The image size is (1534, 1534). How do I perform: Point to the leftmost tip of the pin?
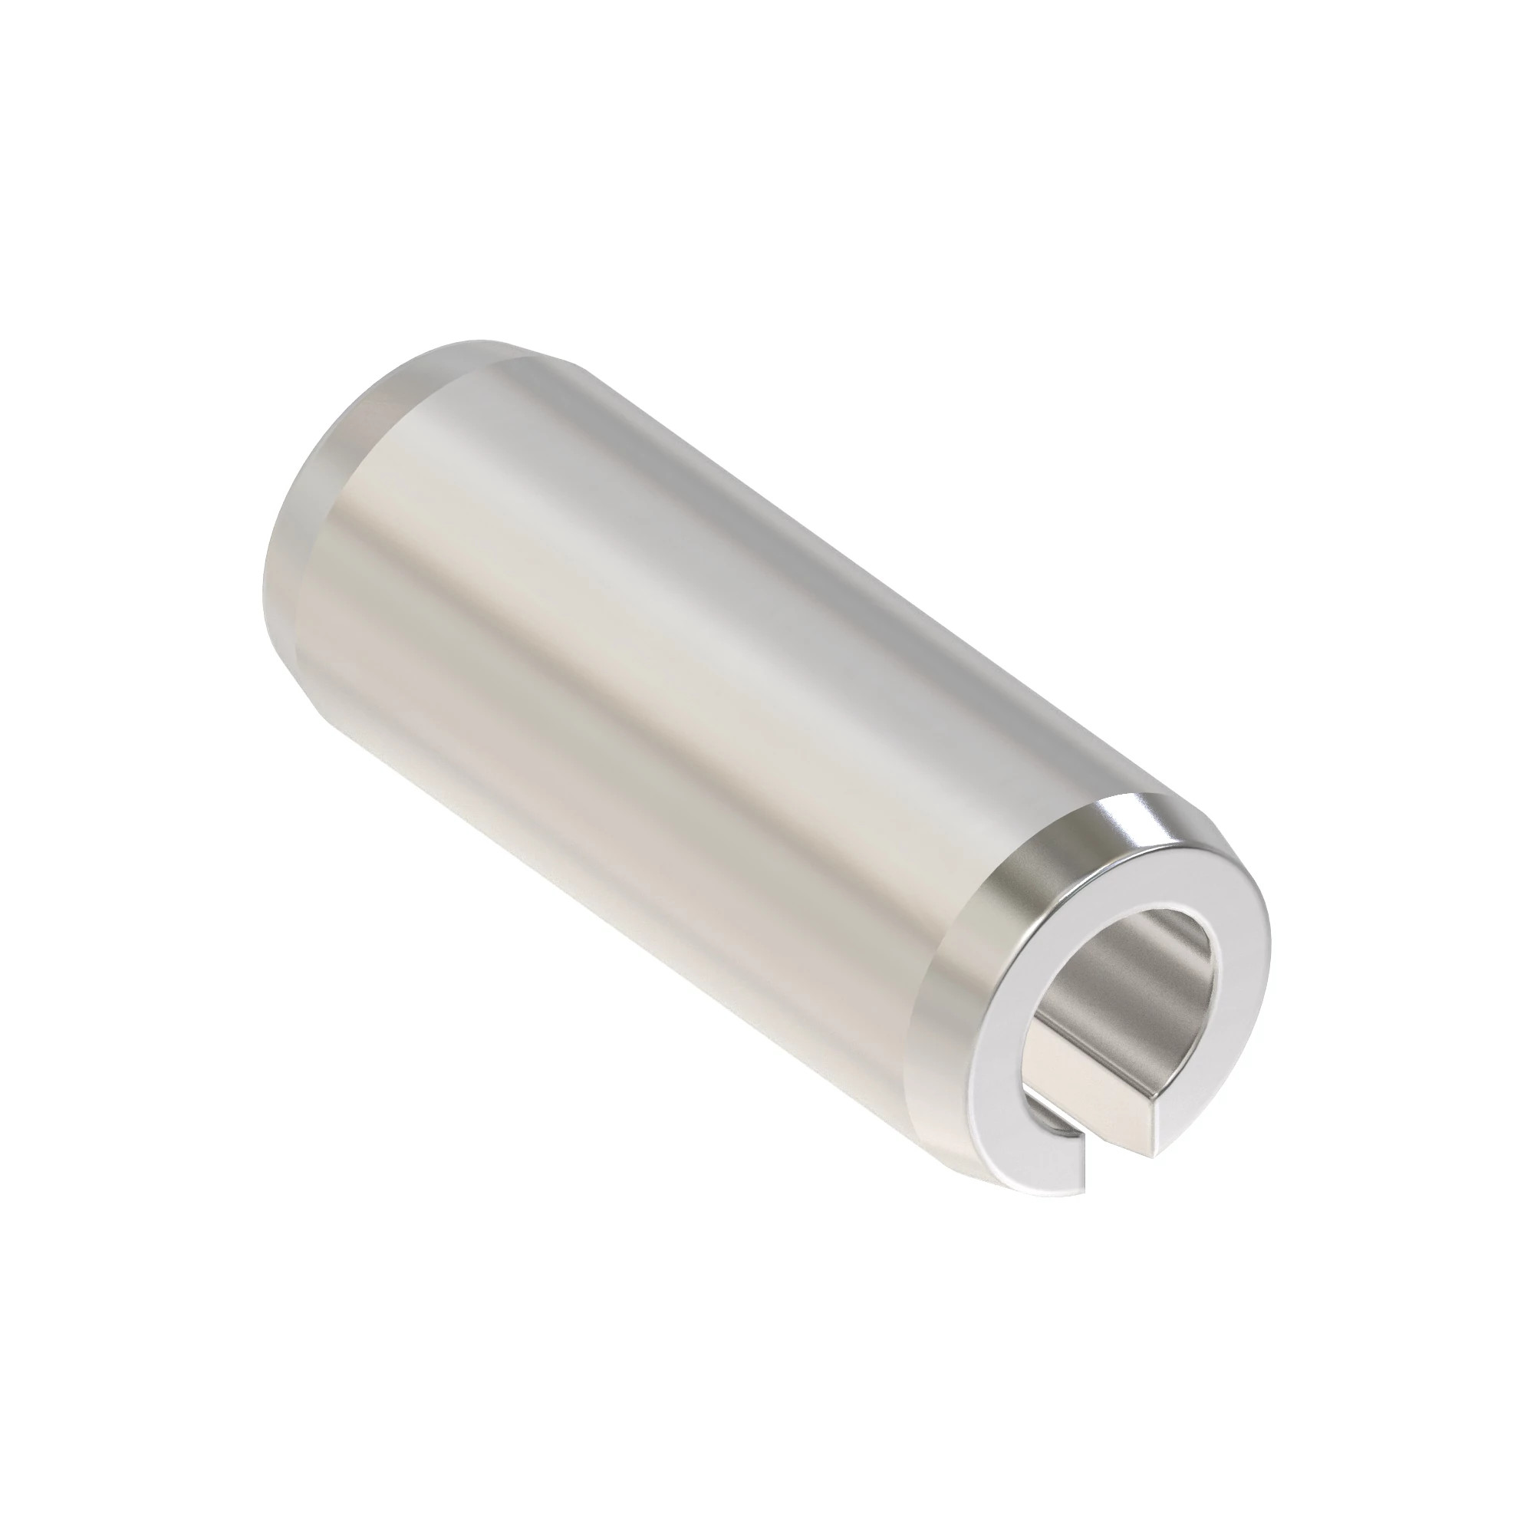click(262, 588)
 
